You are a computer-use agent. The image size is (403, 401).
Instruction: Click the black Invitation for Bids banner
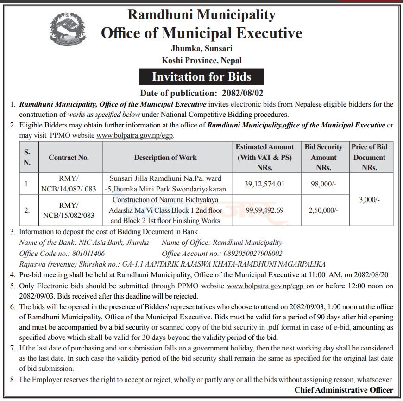tap(201, 76)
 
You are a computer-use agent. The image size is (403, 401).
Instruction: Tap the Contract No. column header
tap(69, 158)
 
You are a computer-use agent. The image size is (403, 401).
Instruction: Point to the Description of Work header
tap(165, 158)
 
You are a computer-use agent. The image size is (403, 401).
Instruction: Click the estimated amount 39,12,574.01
tap(264, 184)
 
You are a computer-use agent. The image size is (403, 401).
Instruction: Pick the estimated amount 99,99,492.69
tap(264, 210)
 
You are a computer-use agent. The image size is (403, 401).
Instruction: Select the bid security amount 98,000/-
tap(323, 184)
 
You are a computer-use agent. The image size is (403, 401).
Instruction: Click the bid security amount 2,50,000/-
tap(323, 210)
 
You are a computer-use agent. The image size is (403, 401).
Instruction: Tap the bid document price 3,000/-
tap(369, 200)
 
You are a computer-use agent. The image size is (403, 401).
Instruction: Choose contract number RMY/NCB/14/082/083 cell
tap(69, 184)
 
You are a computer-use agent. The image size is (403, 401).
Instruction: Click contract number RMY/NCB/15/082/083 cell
tap(69, 210)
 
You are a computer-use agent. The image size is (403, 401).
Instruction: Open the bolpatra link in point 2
tap(135, 136)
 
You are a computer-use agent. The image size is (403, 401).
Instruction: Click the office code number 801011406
tap(88, 253)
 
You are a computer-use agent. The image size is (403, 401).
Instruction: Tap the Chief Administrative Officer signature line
tap(344, 390)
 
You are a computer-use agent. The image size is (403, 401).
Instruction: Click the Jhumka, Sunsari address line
tap(201, 48)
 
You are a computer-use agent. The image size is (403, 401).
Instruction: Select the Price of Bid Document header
tap(369, 158)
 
